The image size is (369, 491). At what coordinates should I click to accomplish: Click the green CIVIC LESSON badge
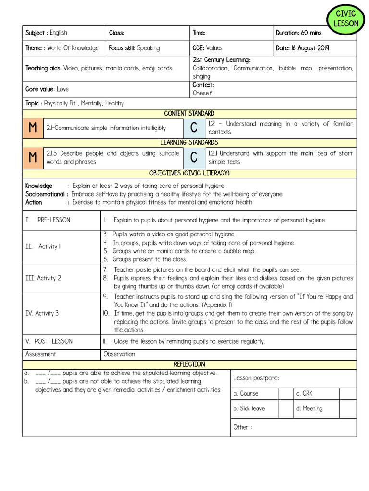(x=346, y=19)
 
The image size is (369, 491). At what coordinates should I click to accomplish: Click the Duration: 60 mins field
(x=298, y=33)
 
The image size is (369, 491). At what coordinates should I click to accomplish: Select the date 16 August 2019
(x=302, y=48)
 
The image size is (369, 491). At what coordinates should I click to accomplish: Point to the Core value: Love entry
(x=47, y=89)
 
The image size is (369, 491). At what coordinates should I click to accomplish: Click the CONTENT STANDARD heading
(x=189, y=114)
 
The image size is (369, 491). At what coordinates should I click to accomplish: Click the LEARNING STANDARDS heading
(x=189, y=143)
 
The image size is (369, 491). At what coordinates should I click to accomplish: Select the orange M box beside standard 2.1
(x=33, y=128)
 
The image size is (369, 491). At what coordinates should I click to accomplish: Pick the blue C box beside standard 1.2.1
(x=194, y=157)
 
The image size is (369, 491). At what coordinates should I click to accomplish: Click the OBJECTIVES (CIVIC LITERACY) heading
(x=189, y=173)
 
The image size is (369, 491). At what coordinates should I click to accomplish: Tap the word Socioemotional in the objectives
(x=45, y=194)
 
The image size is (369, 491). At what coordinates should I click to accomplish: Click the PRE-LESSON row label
(x=48, y=220)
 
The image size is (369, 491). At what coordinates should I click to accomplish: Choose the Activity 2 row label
(x=43, y=278)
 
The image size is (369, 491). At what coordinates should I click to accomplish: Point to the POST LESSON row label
(x=49, y=341)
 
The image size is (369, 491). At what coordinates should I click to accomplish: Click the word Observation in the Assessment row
(x=119, y=354)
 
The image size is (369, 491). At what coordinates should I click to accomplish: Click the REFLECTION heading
(x=189, y=364)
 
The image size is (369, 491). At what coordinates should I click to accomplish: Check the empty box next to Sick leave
(x=285, y=409)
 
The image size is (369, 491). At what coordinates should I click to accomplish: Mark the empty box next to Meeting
(x=348, y=409)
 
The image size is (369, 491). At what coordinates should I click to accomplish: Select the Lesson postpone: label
(x=256, y=378)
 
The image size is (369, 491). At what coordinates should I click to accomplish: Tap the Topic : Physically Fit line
(x=74, y=103)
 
